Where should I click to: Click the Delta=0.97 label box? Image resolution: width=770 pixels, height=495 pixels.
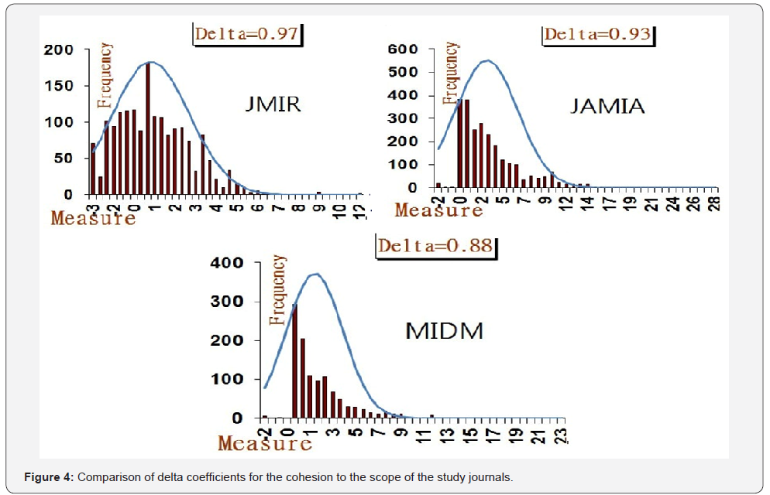click(247, 33)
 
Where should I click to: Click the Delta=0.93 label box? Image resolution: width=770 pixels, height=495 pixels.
click(596, 34)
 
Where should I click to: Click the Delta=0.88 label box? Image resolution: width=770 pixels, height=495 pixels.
click(435, 246)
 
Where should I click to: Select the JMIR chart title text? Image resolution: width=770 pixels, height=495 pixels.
click(269, 104)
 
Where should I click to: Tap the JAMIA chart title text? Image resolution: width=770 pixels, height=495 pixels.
click(607, 105)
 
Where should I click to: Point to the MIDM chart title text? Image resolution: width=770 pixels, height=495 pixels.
click(444, 331)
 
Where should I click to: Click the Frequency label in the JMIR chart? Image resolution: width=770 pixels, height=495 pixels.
click(105, 74)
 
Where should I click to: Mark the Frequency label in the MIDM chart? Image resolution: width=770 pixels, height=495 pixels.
click(277, 289)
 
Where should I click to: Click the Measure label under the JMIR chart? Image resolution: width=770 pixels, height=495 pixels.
click(93, 217)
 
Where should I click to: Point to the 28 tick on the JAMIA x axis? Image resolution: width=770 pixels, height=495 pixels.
click(713, 203)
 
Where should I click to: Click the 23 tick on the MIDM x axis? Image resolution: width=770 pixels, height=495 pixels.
click(565, 434)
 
